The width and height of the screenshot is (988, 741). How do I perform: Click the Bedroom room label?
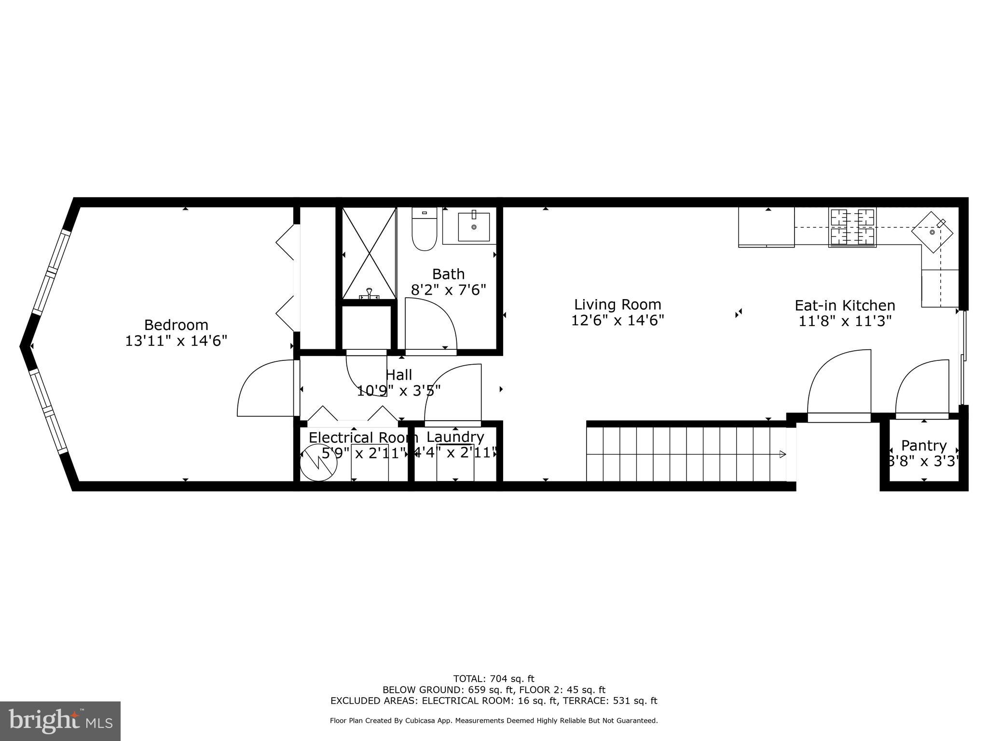pos(176,325)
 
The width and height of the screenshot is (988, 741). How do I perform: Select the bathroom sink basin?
pos(473,227)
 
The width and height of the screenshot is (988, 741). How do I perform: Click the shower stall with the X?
pos(369,253)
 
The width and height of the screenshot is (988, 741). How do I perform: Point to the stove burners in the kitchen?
pos(852,227)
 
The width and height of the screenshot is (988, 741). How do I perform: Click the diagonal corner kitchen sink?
pos(932,232)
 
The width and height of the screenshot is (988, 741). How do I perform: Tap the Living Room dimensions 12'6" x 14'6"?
pos(617,320)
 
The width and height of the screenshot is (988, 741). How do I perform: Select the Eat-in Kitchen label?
pos(845,305)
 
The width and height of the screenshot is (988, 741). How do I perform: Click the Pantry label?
pos(924,445)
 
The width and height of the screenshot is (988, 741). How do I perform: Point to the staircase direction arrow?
pos(782,454)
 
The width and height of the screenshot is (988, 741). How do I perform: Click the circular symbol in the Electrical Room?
pos(318,465)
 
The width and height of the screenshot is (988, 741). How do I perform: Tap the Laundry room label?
pos(455,437)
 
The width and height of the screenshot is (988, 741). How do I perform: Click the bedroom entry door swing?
pos(265,388)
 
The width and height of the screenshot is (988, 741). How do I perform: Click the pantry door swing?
pos(921,388)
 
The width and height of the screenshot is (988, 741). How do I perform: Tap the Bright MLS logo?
pos(60,721)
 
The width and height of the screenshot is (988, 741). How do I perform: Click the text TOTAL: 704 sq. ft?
pos(494,679)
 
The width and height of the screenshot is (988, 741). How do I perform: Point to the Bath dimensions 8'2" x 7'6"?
pos(448,289)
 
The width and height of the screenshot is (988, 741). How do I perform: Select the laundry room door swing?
pos(453,393)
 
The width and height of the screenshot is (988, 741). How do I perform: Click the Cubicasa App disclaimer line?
pos(494,721)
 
